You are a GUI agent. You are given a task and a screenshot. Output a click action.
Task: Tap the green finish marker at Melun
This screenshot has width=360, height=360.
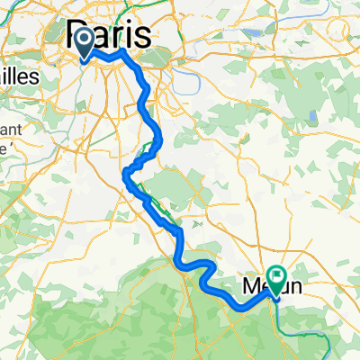pyautogui.click(x=275, y=279)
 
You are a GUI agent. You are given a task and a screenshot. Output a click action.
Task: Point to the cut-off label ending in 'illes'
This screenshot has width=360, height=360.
pyautogui.click(x=18, y=77)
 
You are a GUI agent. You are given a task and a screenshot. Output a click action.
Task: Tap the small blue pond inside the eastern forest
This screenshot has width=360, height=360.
pyautogui.click(x=312, y=117)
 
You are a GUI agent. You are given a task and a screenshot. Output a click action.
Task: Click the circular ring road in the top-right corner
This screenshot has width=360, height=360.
pyautogui.click(x=338, y=27)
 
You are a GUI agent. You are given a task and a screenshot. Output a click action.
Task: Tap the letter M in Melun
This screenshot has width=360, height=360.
pyautogui.click(x=252, y=288)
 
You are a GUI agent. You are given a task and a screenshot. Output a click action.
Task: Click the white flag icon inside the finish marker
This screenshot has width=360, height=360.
pyautogui.click(x=275, y=276)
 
